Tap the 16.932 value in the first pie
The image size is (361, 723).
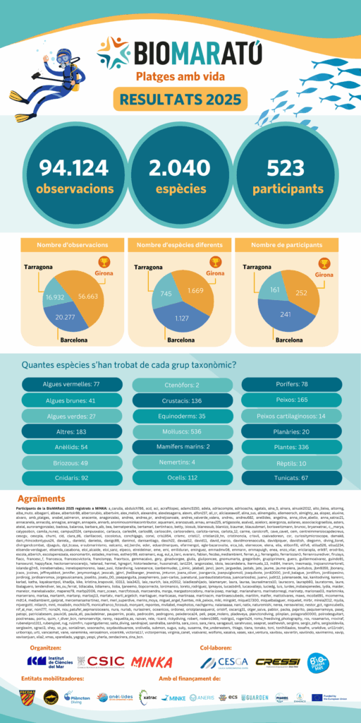pyautogui.click(x=56, y=299)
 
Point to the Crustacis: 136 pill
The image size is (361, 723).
pyautogui.click(x=179, y=400)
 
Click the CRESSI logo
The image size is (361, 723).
pyautogui.click(x=277, y=641)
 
